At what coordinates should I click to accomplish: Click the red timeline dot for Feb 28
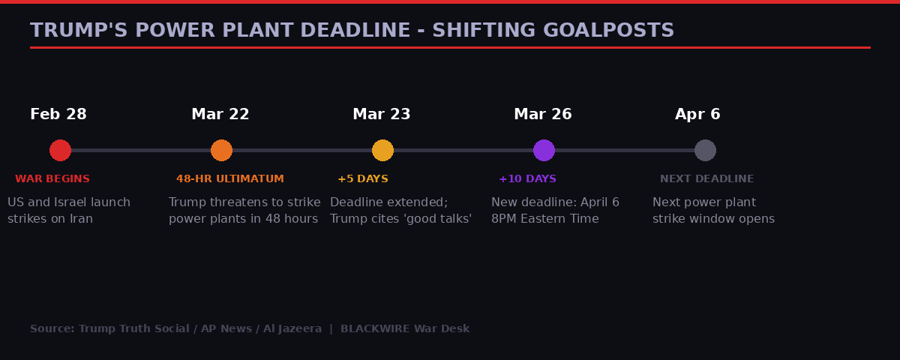click(60, 150)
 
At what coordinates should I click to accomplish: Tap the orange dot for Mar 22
click(221, 150)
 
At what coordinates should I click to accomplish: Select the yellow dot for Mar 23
click(382, 150)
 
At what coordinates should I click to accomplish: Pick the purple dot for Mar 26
click(544, 150)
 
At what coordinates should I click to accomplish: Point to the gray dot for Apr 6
click(705, 150)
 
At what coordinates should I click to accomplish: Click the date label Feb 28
click(58, 115)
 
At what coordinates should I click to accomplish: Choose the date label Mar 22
click(220, 115)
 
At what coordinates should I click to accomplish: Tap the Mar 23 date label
click(382, 115)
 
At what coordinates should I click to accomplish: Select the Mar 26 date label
click(543, 115)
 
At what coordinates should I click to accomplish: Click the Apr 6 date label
click(697, 115)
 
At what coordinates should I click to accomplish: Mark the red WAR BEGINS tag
click(52, 179)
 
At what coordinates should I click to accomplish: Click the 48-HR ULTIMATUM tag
click(230, 179)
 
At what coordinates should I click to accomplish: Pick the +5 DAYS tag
click(363, 179)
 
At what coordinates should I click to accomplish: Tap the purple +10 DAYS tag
click(527, 179)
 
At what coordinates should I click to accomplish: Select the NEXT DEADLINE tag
click(706, 179)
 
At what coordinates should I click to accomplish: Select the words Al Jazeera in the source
click(292, 329)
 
